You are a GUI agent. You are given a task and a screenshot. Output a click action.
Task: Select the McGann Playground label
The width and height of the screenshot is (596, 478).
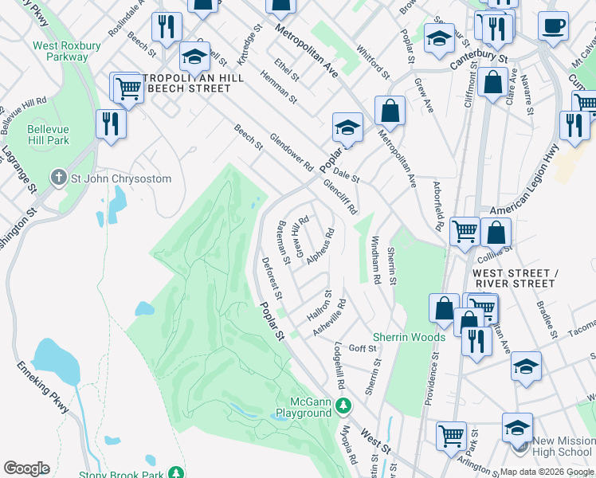[x=303, y=407]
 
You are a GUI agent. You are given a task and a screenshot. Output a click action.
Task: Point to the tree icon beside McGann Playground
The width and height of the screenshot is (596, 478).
[x=343, y=407]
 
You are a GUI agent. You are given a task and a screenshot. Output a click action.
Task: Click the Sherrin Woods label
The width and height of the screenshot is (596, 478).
[x=409, y=337]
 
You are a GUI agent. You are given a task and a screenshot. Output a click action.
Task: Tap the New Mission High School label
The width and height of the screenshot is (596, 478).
[x=563, y=446]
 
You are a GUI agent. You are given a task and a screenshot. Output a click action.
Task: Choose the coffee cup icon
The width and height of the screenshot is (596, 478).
[x=553, y=25]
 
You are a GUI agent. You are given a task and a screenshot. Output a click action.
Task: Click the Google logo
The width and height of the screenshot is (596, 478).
[x=26, y=468]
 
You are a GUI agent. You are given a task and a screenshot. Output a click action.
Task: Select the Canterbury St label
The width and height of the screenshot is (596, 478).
[x=480, y=57]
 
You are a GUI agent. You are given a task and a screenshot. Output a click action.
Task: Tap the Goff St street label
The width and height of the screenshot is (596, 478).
[x=362, y=349]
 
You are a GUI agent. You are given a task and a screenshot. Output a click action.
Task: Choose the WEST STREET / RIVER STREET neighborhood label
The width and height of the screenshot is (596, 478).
[x=513, y=278]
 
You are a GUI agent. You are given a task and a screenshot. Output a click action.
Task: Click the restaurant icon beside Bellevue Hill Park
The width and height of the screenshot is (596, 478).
[x=110, y=124]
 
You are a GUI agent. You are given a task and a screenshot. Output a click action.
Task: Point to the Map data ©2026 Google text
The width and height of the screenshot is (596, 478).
[x=547, y=472]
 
